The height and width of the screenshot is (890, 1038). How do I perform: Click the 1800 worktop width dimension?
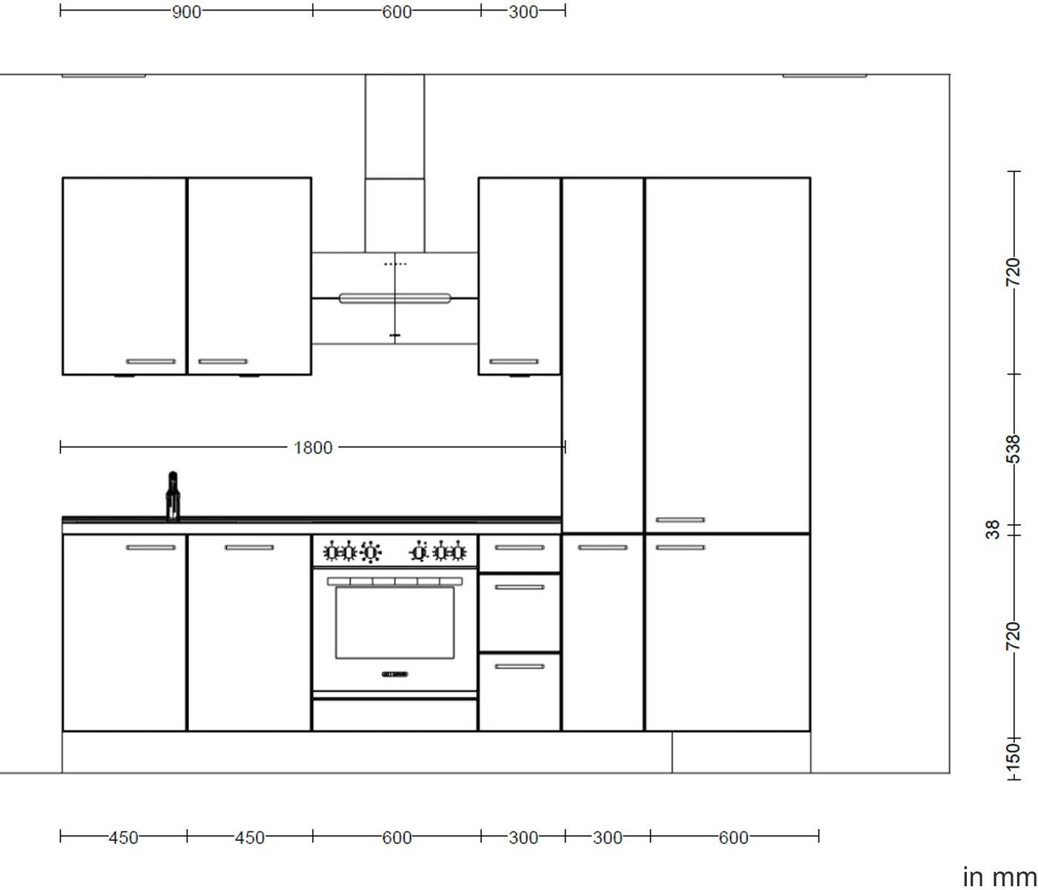(312, 447)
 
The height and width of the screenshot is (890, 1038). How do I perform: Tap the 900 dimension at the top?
(186, 12)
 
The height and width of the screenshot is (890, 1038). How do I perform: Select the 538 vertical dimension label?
(1014, 449)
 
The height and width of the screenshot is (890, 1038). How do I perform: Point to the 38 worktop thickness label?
(992, 530)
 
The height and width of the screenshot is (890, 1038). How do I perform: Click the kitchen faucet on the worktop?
(173, 495)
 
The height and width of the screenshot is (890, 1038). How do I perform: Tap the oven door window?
(394, 623)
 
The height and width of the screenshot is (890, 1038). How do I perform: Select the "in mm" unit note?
(999, 877)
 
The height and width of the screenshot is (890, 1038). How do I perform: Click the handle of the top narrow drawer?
(519, 547)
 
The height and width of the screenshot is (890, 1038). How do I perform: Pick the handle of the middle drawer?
(519, 587)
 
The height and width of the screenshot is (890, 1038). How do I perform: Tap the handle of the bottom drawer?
(519, 667)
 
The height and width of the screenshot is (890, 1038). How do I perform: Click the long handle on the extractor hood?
(394, 298)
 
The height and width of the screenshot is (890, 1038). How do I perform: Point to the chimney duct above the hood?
(394, 163)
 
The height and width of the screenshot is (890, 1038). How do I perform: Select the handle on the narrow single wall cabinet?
(514, 361)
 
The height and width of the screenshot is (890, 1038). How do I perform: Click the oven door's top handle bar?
(394, 581)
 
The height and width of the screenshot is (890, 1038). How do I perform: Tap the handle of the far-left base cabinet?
(151, 547)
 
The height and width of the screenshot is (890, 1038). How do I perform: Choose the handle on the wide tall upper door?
(681, 520)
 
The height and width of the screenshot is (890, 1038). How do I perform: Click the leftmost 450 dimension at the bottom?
(124, 838)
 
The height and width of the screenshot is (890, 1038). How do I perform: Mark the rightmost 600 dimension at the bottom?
(734, 838)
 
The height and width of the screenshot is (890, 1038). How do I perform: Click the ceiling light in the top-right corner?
(824, 76)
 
